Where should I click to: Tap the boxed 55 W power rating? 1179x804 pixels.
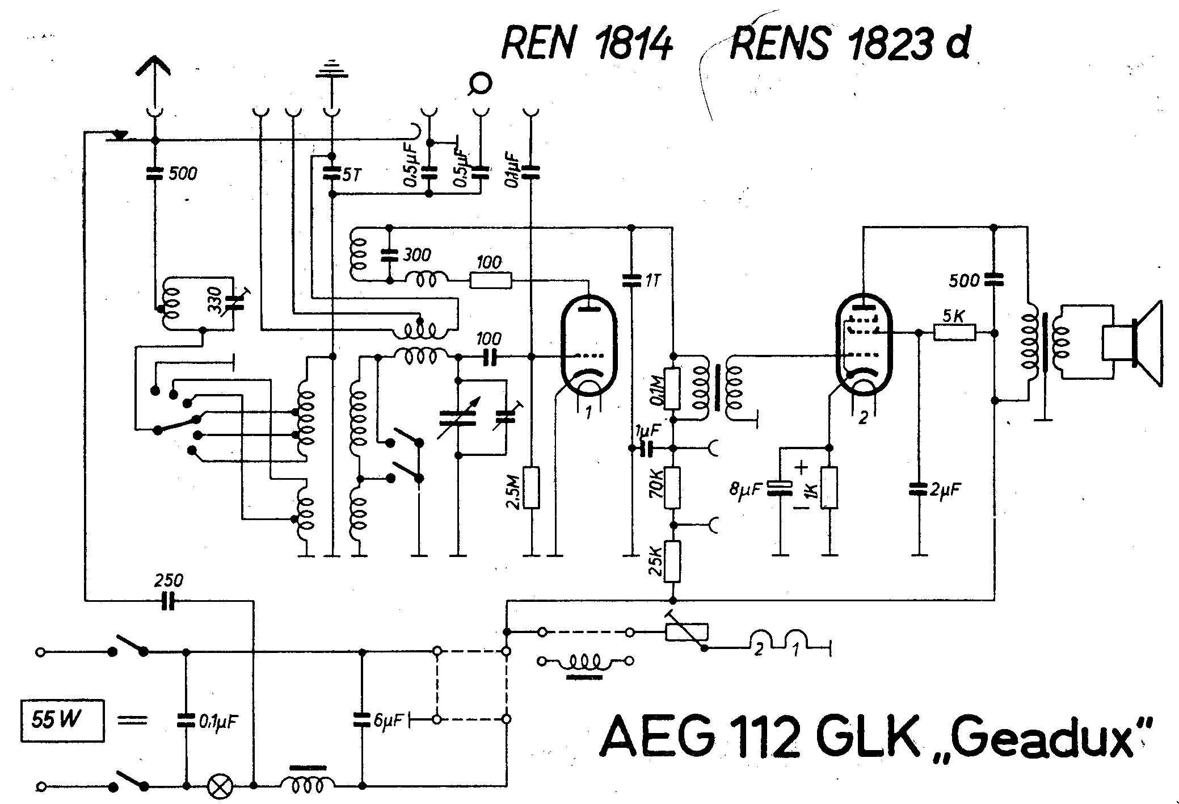(62, 721)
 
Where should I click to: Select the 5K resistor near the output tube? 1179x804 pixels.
(955, 332)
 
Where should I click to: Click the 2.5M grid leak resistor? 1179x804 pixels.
(532, 487)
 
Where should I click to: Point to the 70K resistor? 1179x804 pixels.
(672, 488)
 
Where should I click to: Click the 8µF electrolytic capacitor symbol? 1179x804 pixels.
(781, 489)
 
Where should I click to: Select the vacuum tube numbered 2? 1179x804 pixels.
(864, 346)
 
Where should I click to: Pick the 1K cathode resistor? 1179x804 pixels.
(829, 487)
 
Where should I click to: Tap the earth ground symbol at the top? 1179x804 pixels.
(331, 68)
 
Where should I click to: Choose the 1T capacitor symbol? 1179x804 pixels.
(630, 280)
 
